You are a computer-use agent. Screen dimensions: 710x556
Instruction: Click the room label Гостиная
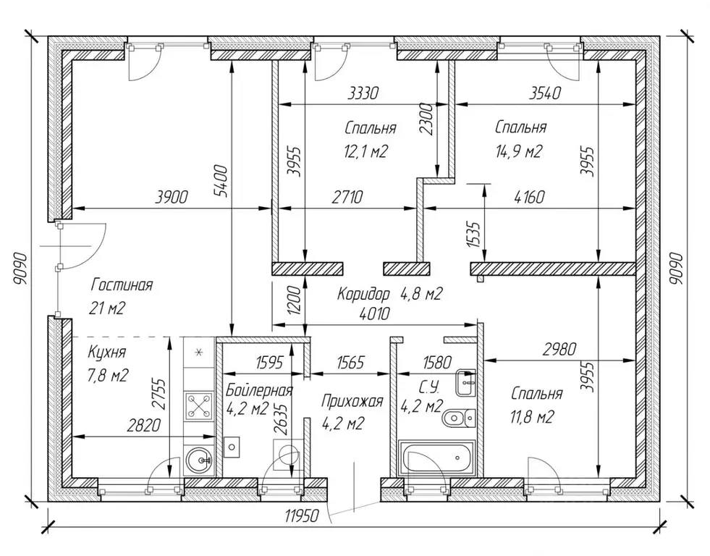click(122, 285)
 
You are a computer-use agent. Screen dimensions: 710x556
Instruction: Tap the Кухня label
click(107, 352)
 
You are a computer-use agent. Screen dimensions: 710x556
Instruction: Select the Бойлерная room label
click(259, 389)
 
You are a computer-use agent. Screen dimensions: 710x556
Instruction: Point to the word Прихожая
click(352, 401)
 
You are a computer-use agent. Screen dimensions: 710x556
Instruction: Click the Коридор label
click(363, 295)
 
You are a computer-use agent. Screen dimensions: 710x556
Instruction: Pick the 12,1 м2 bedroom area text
click(366, 151)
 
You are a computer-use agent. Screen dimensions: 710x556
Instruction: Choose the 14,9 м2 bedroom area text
click(518, 151)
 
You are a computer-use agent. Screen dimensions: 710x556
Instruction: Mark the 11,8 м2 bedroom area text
click(532, 416)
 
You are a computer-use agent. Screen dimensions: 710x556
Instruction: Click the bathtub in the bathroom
click(436, 458)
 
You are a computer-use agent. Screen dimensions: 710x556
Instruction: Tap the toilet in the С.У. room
click(458, 418)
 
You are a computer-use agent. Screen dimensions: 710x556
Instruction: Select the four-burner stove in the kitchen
click(200, 405)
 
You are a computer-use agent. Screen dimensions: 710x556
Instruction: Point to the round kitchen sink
click(199, 460)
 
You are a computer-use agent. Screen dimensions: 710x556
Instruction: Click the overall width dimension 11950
click(302, 515)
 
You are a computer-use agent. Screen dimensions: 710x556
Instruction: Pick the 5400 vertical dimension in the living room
click(221, 181)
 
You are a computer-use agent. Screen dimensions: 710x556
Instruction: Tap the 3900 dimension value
click(171, 197)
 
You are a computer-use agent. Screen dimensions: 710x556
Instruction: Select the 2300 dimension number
click(426, 119)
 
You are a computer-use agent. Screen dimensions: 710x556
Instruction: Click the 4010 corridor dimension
click(374, 313)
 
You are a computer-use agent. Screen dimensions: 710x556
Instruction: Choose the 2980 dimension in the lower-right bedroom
click(559, 349)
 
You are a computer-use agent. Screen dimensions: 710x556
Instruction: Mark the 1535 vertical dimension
click(473, 234)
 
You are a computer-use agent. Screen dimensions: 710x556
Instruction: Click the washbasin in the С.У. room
click(466, 382)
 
